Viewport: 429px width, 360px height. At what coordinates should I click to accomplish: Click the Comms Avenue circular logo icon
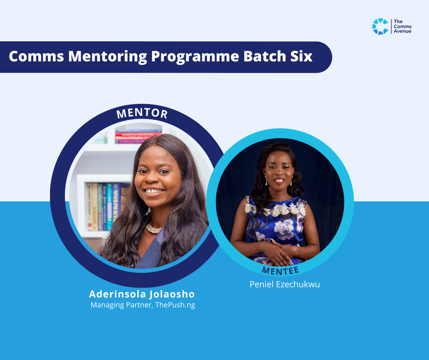click(380, 27)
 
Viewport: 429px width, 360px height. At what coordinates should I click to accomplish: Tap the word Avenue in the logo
click(402, 31)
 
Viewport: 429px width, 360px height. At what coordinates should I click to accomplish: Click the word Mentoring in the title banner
click(107, 57)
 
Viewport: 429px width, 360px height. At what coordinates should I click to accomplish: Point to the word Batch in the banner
click(265, 56)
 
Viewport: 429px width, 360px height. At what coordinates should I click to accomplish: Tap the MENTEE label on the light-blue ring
click(280, 271)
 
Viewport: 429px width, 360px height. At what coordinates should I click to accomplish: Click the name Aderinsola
click(118, 294)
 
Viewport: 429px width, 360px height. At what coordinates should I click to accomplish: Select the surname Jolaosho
click(172, 294)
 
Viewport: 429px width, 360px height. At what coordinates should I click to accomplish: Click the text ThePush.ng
click(175, 305)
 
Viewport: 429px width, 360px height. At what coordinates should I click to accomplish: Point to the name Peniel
click(261, 284)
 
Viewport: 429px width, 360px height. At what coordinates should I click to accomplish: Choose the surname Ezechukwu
click(298, 284)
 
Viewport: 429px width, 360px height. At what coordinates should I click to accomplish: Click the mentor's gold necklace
click(153, 228)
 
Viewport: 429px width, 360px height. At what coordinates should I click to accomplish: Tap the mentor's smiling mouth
click(154, 192)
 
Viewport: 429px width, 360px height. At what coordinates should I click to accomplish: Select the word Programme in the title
click(195, 57)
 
